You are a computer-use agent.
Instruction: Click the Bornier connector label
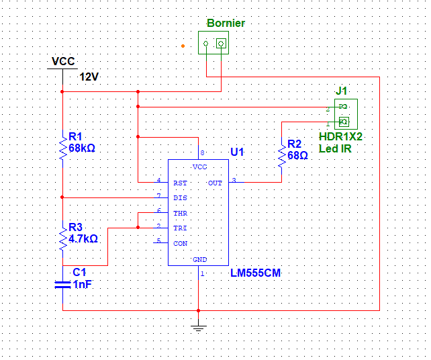226,24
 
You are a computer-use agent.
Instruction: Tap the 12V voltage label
89,77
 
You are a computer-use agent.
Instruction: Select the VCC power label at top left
63,62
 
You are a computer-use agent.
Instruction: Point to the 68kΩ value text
83,148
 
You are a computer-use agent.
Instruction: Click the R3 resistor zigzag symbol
62,238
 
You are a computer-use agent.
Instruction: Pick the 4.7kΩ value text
83,238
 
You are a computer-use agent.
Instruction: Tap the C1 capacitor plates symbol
62,285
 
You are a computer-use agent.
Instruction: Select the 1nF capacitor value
83,284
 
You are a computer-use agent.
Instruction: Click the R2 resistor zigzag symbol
281,155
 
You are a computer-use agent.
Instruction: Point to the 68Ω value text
297,155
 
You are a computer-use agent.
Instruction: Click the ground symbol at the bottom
198,327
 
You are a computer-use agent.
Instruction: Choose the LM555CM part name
254,273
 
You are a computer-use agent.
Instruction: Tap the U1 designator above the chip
238,152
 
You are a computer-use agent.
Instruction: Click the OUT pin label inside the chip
215,183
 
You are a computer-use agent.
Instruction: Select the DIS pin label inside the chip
180,198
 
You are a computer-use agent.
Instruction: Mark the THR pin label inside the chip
180,214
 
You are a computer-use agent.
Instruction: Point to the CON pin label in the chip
180,243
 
